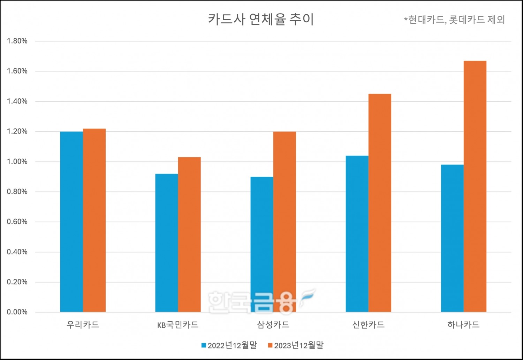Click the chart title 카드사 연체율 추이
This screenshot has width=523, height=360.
pos(261,19)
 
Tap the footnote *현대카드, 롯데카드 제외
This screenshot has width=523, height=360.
pos(454,20)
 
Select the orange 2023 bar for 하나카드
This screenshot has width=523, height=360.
pos(475,186)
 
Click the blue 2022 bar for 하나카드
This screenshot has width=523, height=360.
pos(452,238)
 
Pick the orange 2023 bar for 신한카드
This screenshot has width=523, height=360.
pos(380,203)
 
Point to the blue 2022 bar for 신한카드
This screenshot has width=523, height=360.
pos(357,234)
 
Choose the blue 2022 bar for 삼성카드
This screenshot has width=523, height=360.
pos(262,244)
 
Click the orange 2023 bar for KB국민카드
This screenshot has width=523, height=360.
pos(189,235)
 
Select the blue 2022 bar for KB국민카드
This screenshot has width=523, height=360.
pos(167,243)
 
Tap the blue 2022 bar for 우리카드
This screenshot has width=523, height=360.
pos(71,222)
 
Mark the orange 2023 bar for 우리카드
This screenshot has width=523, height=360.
pos(94,220)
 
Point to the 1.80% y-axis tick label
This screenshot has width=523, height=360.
pos(17,41)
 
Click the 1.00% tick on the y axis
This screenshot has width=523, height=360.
pos(17,162)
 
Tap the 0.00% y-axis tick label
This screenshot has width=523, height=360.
pos(17,312)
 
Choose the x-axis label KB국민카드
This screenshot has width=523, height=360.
pos(178,325)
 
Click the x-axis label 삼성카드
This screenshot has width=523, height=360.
pos(273,325)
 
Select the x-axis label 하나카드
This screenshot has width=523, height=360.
pos(463,325)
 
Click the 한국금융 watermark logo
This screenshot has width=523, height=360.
pos(260,301)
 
